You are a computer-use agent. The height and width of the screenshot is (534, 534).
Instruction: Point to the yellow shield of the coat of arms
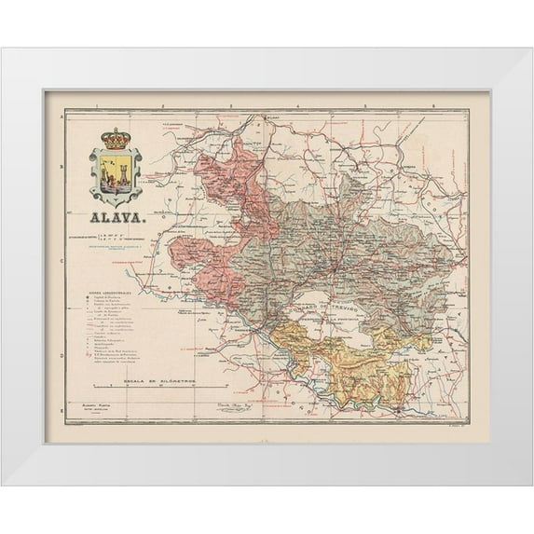point(116,174)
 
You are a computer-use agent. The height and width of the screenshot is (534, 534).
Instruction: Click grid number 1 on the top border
point(96,109)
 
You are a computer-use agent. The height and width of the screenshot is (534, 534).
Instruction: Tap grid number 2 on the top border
point(161,109)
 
